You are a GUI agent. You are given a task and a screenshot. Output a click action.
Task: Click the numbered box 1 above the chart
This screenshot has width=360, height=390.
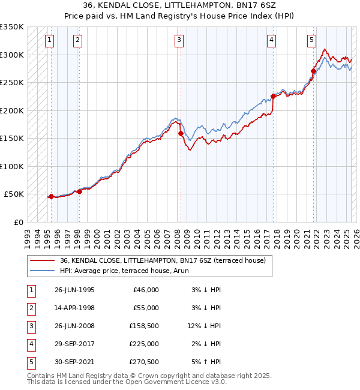(x=49, y=40)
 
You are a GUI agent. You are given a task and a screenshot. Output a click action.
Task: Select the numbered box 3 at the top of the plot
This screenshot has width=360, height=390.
(x=179, y=40)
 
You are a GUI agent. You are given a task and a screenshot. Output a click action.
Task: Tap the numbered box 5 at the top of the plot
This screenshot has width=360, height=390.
(x=311, y=40)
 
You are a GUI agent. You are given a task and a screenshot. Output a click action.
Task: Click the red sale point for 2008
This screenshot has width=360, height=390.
(x=181, y=134)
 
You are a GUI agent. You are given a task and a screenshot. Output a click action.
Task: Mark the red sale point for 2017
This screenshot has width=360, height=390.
(x=273, y=96)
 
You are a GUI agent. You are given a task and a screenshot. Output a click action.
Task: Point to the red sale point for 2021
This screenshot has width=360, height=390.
(x=313, y=71)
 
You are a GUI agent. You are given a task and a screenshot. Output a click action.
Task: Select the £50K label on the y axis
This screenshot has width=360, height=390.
(x=14, y=194)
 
